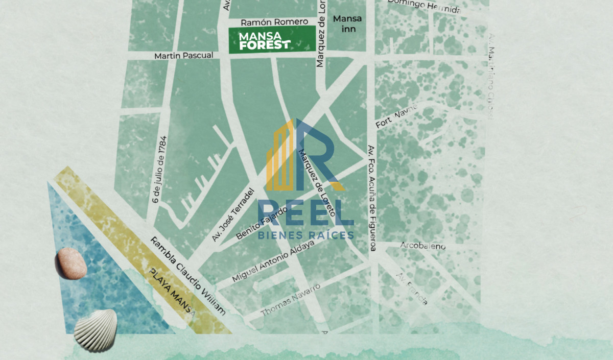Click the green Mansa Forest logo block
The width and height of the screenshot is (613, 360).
coord(269,41)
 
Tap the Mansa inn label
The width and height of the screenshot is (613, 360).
coord(347,24)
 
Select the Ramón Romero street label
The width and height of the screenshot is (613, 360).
coord(274,22)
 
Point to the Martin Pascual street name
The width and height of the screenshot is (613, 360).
coord(184,55)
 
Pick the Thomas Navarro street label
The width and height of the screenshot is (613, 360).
coord(291,300)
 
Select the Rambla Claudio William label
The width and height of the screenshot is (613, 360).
coord(188,275)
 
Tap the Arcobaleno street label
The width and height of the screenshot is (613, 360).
coord(423,246)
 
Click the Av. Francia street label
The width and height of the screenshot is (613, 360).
coord(412,289)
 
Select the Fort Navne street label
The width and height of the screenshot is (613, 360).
coord(397,115)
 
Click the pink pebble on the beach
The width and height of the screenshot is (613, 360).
coord(71,263)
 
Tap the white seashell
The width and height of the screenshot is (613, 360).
coord(96,329)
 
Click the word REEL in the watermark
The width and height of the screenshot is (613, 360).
coord(305,213)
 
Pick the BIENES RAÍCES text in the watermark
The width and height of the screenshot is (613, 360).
coord(305,235)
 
